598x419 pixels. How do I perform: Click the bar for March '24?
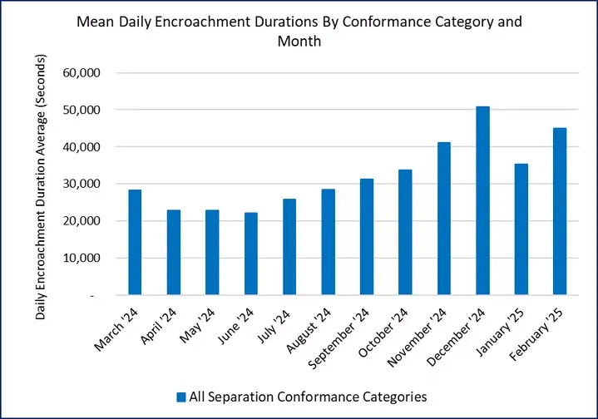135,242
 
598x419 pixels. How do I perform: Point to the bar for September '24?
367,237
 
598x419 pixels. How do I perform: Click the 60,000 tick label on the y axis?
82,73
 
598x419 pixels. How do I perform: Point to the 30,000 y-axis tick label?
82,184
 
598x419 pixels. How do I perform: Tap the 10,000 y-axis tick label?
82,258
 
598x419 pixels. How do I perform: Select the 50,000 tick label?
82,110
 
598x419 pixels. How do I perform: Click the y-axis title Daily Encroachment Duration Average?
42,187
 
